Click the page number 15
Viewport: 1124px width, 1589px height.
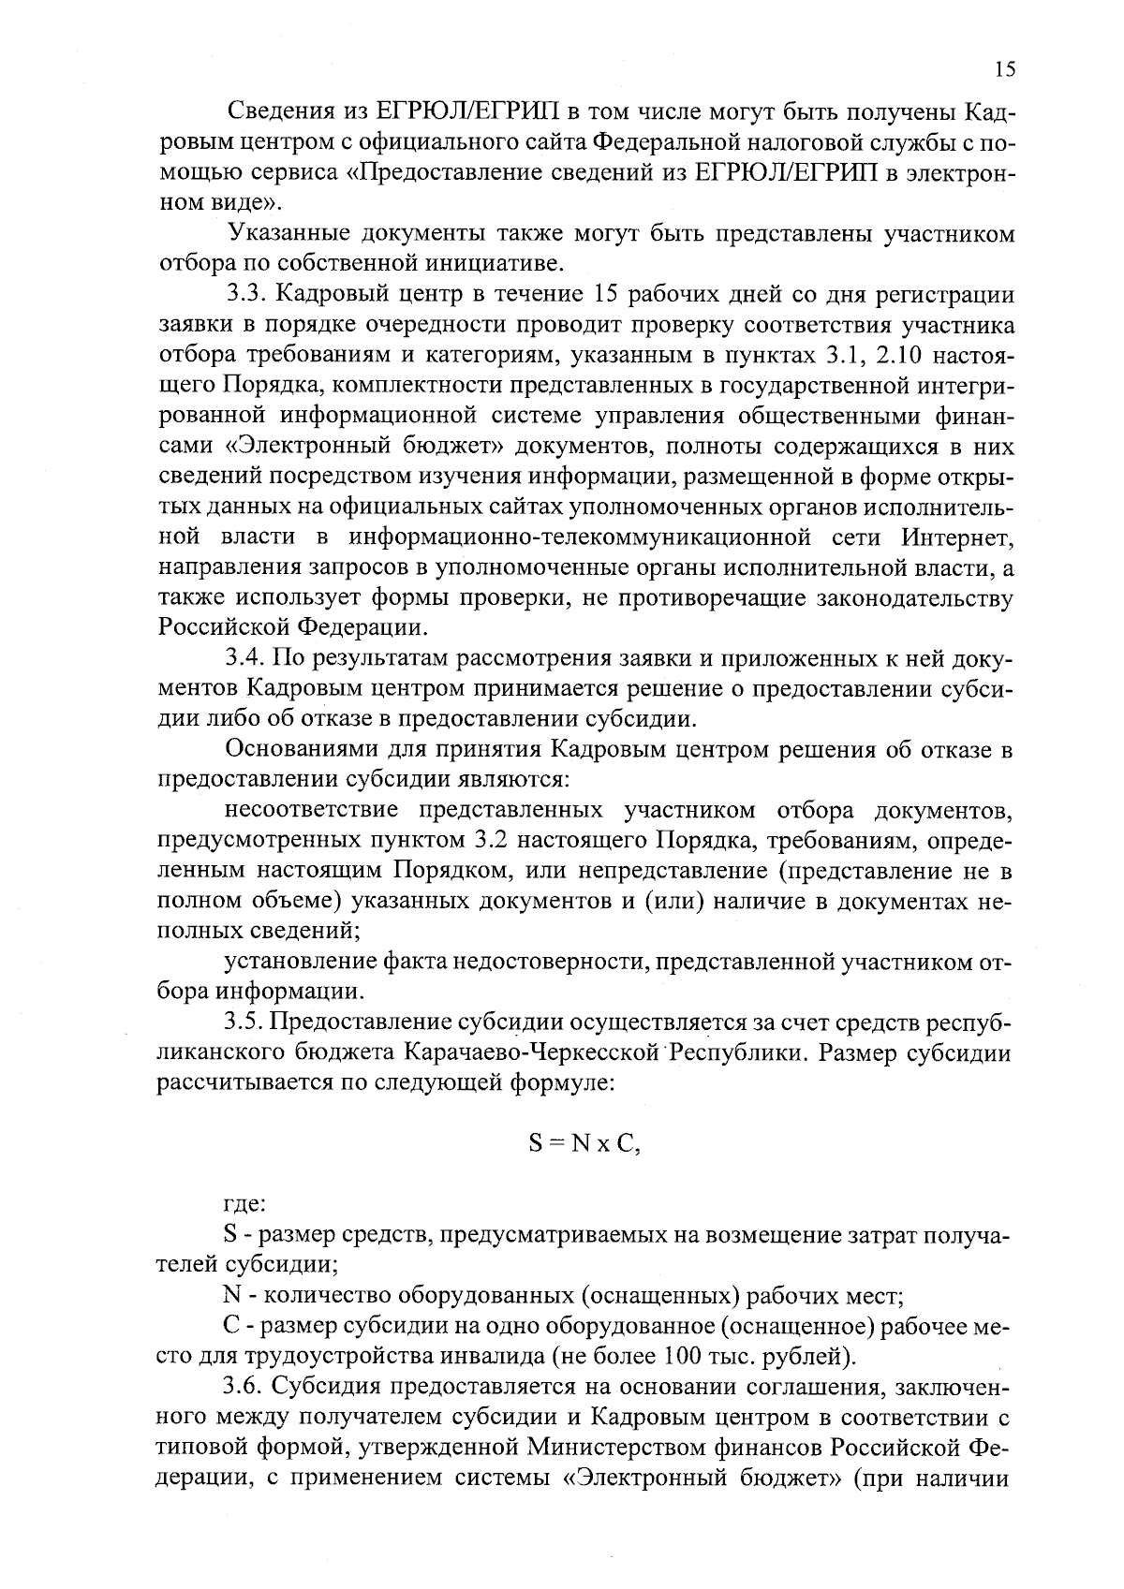coord(1004,69)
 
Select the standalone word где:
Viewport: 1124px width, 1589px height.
coord(246,1205)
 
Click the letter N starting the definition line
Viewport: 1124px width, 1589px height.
coord(232,1296)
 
